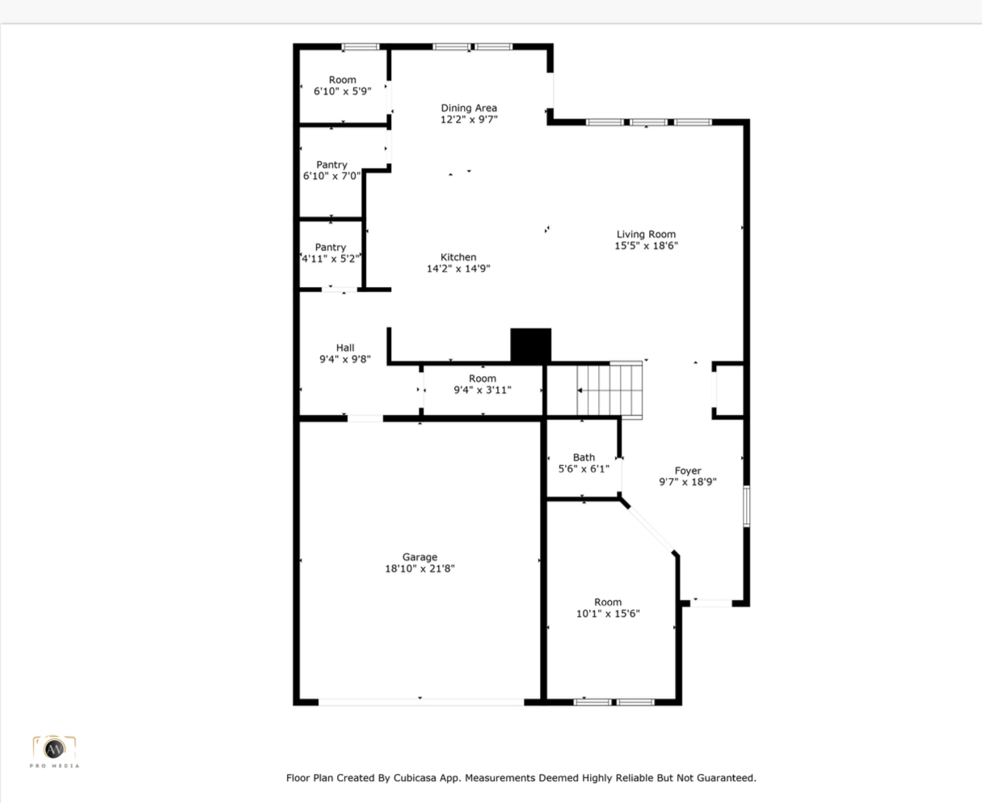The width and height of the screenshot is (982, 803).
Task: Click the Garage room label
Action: click(x=419, y=556)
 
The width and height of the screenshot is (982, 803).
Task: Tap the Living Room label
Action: click(x=646, y=234)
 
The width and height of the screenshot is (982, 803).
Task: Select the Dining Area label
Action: click(x=469, y=108)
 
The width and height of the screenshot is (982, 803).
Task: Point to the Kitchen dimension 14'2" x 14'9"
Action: click(x=458, y=268)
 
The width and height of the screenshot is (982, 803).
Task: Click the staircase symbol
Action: click(x=609, y=391)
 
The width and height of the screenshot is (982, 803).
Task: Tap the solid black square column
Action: click(x=531, y=345)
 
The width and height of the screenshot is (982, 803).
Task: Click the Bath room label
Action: click(x=584, y=457)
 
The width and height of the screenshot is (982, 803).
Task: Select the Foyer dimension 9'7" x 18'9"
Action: click(x=687, y=482)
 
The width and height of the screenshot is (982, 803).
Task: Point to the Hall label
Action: click(x=345, y=348)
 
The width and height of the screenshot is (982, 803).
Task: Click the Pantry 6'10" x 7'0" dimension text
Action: click(x=331, y=175)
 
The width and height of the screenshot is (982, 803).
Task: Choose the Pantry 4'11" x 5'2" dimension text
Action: click(x=331, y=259)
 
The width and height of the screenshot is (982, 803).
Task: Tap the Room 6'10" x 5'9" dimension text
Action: click(x=342, y=91)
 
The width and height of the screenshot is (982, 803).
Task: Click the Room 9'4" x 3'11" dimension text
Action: click(x=483, y=390)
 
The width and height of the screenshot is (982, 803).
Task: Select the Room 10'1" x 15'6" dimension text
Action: click(x=608, y=614)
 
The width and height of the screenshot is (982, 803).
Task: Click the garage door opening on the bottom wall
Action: click(x=421, y=702)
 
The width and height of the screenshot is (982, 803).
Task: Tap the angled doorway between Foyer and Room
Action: click(x=650, y=528)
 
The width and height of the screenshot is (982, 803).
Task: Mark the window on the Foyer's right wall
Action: click(x=746, y=506)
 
